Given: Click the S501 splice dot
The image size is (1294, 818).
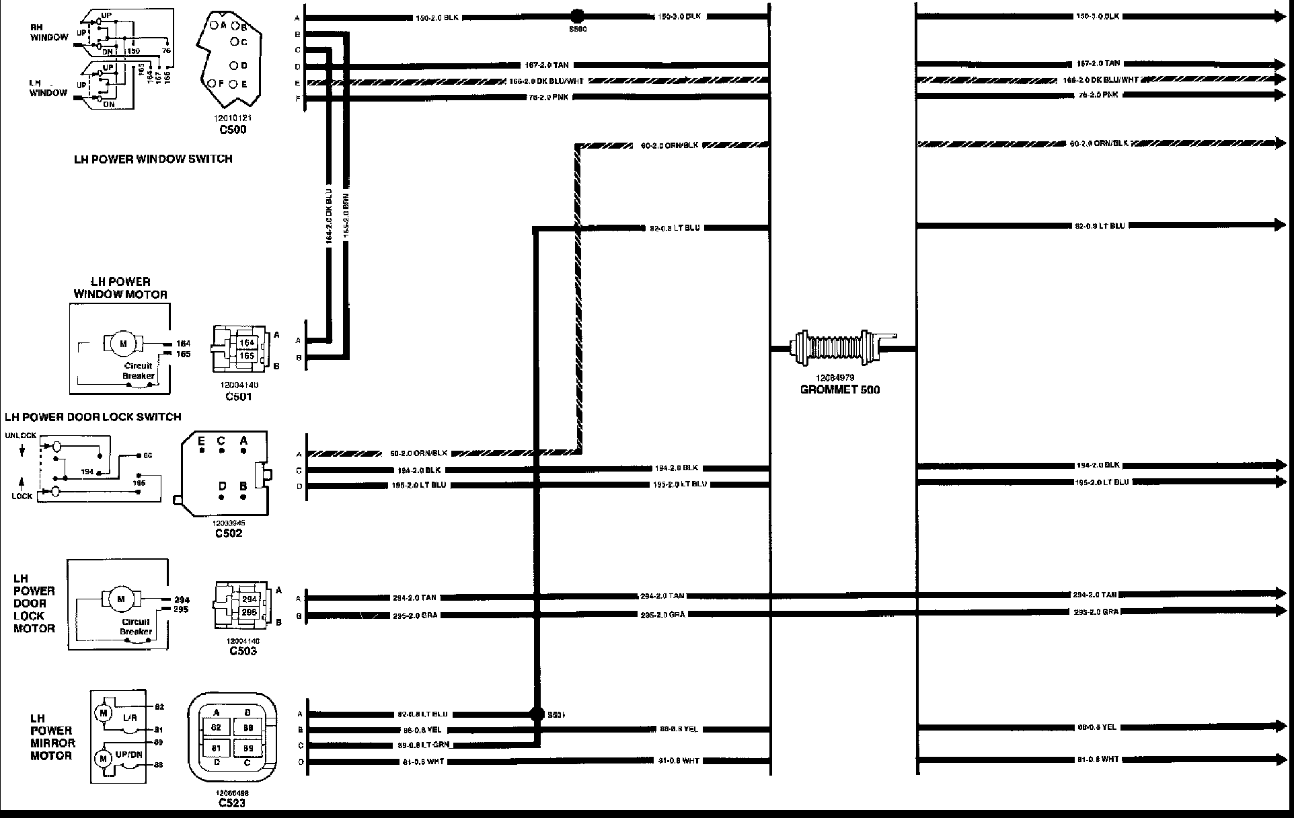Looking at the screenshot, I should click(x=537, y=714).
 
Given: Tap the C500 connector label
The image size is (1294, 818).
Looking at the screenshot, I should click(x=232, y=129).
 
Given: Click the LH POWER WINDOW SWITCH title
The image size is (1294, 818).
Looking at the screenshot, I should click(x=153, y=159).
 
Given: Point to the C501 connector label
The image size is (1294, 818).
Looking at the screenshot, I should click(x=238, y=396).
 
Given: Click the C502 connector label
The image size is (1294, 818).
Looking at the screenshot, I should click(x=229, y=533).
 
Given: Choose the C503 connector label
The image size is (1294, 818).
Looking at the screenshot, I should click(x=243, y=650).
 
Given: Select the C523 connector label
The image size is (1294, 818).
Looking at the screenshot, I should click(x=232, y=803).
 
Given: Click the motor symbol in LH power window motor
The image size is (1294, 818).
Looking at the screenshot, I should click(x=123, y=344).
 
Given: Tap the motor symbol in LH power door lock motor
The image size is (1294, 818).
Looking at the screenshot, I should click(x=122, y=599).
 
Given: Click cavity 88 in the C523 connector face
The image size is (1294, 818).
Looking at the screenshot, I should click(x=248, y=728).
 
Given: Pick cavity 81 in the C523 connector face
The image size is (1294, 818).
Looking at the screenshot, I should click(x=217, y=748).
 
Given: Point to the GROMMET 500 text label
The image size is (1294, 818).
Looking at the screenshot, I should click(x=840, y=389).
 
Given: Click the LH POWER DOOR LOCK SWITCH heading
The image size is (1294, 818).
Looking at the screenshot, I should click(x=93, y=417).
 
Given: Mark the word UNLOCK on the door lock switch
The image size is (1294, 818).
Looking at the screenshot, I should click(x=20, y=435).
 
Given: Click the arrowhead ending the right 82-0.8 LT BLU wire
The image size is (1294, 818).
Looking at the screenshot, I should click(x=1280, y=225).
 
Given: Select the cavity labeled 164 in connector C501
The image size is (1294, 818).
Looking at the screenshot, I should click(x=247, y=343).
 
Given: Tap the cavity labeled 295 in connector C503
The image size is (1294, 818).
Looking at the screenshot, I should click(x=249, y=612).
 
